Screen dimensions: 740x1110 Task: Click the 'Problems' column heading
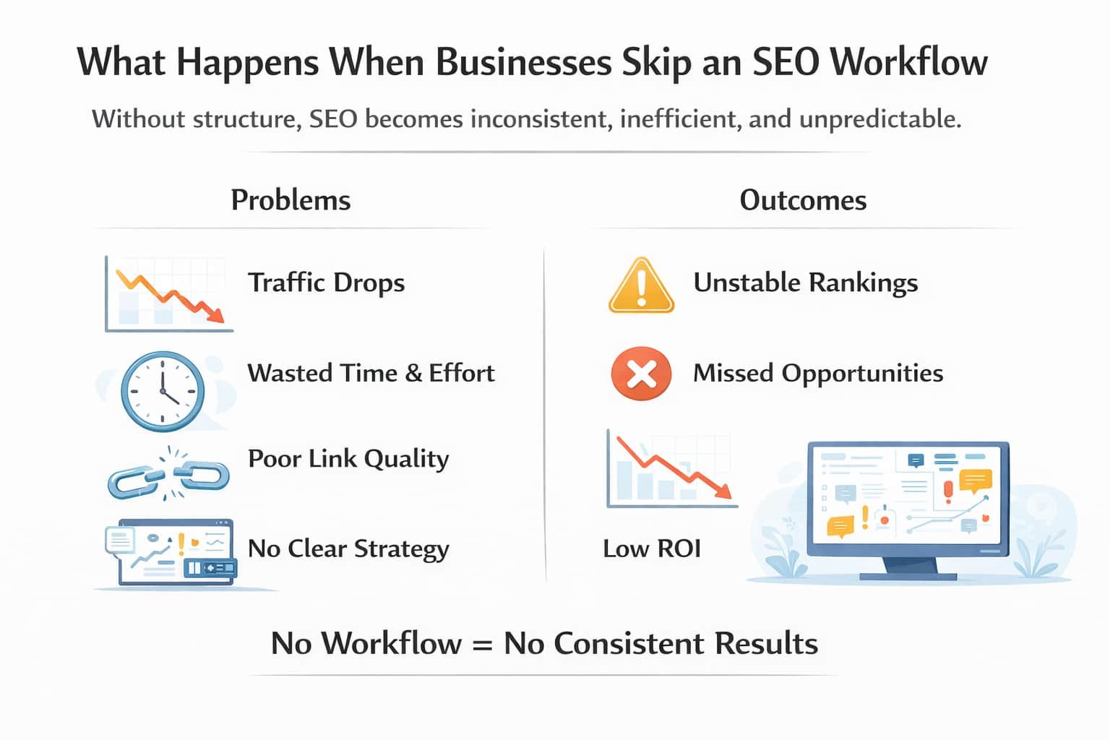click(x=291, y=200)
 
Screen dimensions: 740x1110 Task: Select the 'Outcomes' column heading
click(x=802, y=200)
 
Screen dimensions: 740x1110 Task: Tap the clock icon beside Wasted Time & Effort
click(x=163, y=391)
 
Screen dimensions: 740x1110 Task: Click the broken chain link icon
click(x=168, y=474)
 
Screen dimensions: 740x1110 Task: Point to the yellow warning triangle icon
click(x=641, y=286)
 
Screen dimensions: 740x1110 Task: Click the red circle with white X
click(x=641, y=374)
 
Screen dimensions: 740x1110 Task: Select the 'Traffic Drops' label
click(x=326, y=283)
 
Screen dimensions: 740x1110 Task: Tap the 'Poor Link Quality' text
click(x=348, y=459)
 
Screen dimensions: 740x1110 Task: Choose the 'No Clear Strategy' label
click(x=348, y=549)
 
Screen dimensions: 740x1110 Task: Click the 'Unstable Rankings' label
click(x=805, y=283)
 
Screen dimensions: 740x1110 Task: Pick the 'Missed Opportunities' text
click(x=818, y=374)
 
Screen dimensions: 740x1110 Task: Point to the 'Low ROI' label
click(x=652, y=549)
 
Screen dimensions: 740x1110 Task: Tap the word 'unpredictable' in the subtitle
click(x=879, y=119)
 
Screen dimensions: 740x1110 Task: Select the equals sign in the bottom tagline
click(x=482, y=644)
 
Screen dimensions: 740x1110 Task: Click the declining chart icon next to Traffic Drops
click(x=168, y=293)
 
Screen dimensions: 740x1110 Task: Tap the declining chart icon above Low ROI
click(x=671, y=469)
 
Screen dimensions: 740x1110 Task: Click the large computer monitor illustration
click(x=908, y=506)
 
